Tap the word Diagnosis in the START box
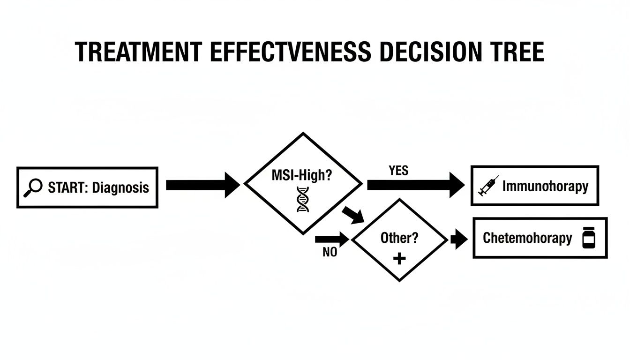[x=120, y=188]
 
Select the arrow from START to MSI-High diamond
[x=202, y=185]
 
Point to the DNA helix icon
[x=303, y=199]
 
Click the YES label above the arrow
[x=398, y=171]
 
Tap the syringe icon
[x=488, y=186]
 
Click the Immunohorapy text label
[x=545, y=186]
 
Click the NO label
[x=330, y=252]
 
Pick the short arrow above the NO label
[x=332, y=240]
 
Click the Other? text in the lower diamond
[x=399, y=238]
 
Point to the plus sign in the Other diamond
[x=399, y=258]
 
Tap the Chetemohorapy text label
[x=527, y=238]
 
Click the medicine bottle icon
[x=588, y=238]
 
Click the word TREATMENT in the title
[x=139, y=52]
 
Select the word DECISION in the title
[x=432, y=52]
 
